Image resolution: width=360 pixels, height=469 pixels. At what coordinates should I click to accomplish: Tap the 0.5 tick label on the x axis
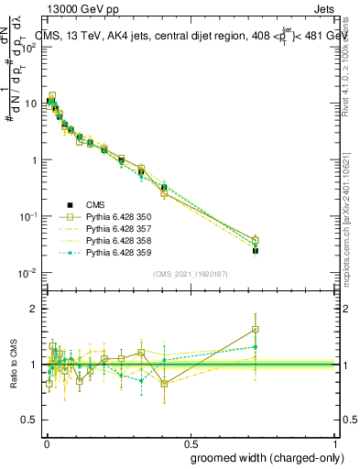[x=190, y=440]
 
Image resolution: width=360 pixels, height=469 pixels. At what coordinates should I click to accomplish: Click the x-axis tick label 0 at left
[x=46, y=440]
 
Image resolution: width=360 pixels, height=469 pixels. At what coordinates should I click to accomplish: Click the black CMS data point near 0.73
[x=256, y=250]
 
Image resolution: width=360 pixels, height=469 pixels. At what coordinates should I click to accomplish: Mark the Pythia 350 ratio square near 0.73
[x=256, y=330]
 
